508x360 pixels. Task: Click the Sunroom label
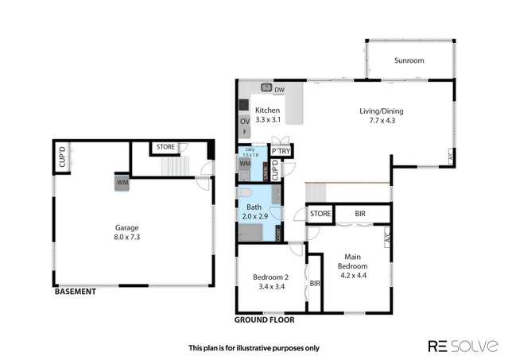click(x=409, y=60)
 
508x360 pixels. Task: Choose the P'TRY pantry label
click(x=279, y=150)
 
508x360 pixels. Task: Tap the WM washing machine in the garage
click(x=122, y=182)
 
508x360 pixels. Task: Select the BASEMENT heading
click(x=75, y=292)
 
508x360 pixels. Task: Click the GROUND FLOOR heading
click(x=264, y=320)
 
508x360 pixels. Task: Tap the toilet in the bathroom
click(x=246, y=193)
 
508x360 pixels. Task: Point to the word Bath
click(x=253, y=207)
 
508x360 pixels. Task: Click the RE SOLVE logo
click(x=463, y=346)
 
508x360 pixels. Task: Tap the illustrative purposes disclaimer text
click(x=253, y=347)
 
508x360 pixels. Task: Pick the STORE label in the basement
click(x=165, y=147)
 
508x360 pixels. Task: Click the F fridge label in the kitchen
click(x=244, y=131)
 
